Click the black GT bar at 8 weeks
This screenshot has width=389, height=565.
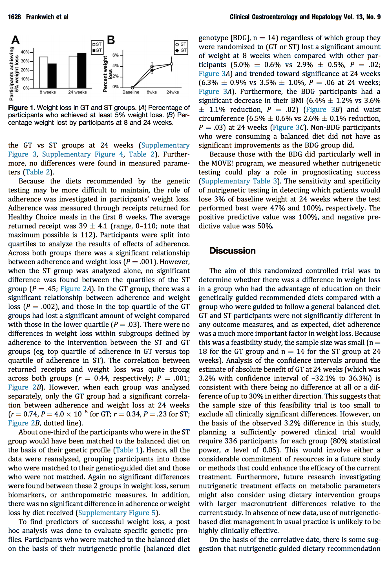pyautogui.click(x=52, y=76)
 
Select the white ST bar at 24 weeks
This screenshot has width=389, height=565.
pyautogui.click(x=73, y=72)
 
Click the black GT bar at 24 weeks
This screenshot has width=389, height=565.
pyautogui.click(x=82, y=70)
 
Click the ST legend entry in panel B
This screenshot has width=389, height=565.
pyautogui.click(x=181, y=44)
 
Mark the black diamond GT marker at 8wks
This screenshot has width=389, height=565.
pyautogui.click(x=152, y=70)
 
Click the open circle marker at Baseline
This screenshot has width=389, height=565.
pyautogui.click(x=132, y=88)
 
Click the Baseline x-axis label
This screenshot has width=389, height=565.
pyautogui.click(x=131, y=92)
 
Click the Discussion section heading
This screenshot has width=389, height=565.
pyautogui.click(x=232, y=251)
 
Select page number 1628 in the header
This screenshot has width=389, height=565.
pyautogui.click(x=14, y=17)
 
